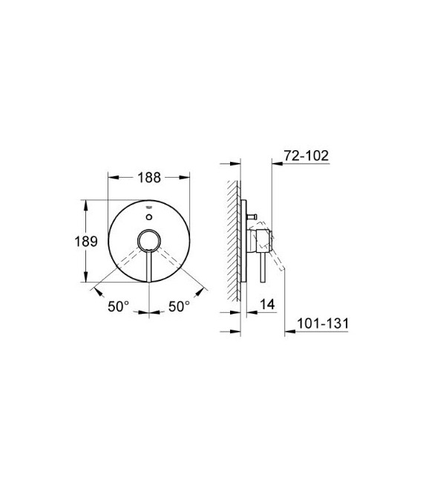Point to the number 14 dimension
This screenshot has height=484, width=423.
[268, 305]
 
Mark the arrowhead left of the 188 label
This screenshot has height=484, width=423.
[111, 178]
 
